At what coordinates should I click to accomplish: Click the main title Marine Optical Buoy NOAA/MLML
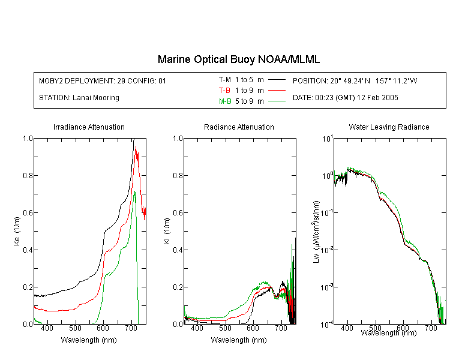pyautogui.click(x=238, y=59)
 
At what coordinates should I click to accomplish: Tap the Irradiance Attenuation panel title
pyautogui.click(x=89, y=127)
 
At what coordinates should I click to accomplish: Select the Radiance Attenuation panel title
pyautogui.click(x=239, y=127)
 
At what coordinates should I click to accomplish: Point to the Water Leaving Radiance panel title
pyautogui.click(x=389, y=127)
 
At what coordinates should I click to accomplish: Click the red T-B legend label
pyautogui.click(x=224, y=91)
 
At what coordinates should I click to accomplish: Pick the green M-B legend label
pyautogui.click(x=225, y=101)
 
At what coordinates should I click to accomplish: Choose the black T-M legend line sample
pyautogui.click(x=277, y=80)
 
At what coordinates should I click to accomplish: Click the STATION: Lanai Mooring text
pyautogui.click(x=79, y=98)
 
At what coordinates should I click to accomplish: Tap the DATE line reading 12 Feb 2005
pyautogui.click(x=345, y=98)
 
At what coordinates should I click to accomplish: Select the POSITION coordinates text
pyautogui.click(x=355, y=80)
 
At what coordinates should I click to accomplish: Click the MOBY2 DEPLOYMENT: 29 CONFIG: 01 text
pyautogui.click(x=103, y=80)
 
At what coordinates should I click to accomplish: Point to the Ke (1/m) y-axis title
pyautogui.click(x=17, y=231)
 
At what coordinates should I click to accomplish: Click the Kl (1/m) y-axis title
pyautogui.click(x=167, y=231)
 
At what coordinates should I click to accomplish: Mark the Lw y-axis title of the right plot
pyautogui.click(x=316, y=232)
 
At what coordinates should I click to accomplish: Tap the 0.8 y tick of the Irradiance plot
pyautogui.click(x=28, y=175)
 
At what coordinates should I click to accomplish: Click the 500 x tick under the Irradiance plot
pyautogui.click(x=75, y=328)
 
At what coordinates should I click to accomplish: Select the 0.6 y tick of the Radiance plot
pyautogui.click(x=178, y=213)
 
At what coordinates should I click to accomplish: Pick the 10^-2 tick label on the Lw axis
pyautogui.click(x=327, y=250)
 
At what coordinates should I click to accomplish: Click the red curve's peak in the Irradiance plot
pyautogui.click(x=136, y=146)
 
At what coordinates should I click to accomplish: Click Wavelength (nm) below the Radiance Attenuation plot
pyautogui.click(x=239, y=340)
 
